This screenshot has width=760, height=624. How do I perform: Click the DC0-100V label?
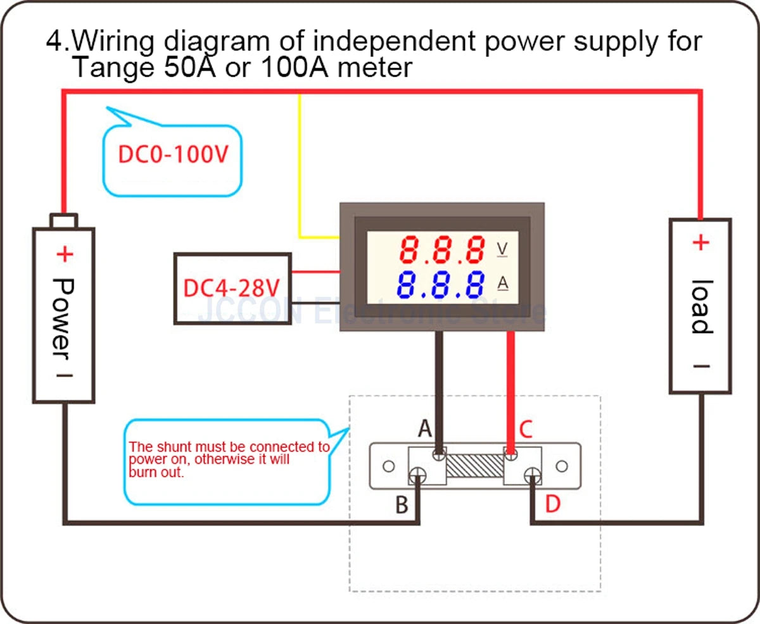tap(172, 155)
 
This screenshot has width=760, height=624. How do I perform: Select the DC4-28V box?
tap(232, 289)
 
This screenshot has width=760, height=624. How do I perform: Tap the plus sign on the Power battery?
tap(65, 254)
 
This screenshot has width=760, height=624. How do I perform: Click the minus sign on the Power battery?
tap(65, 375)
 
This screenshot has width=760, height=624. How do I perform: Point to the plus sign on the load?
tap(700, 242)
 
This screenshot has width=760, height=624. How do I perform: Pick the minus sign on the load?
tap(700, 366)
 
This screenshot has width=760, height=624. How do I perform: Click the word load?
tap(700, 306)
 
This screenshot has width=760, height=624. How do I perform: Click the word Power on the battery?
tap(63, 316)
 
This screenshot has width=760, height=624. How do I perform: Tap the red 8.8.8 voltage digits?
tap(441, 251)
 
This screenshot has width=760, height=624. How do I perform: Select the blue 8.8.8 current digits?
tap(441, 285)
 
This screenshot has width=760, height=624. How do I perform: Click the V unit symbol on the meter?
tap(502, 249)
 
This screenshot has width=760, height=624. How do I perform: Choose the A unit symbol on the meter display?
tap(503, 284)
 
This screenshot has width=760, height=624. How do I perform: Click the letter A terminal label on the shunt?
tap(425, 430)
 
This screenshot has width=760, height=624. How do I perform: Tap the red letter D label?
tap(553, 504)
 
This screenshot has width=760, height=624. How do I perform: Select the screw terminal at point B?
tap(418, 477)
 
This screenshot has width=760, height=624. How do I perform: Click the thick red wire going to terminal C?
tap(511, 386)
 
